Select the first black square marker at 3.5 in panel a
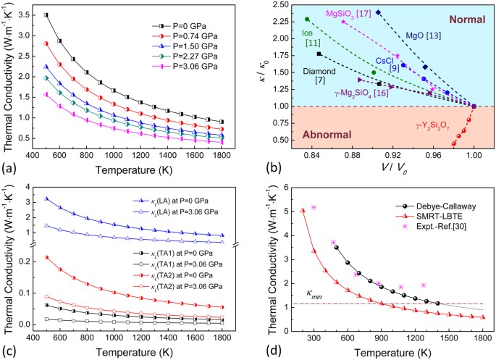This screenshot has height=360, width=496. [x=46, y=14]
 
